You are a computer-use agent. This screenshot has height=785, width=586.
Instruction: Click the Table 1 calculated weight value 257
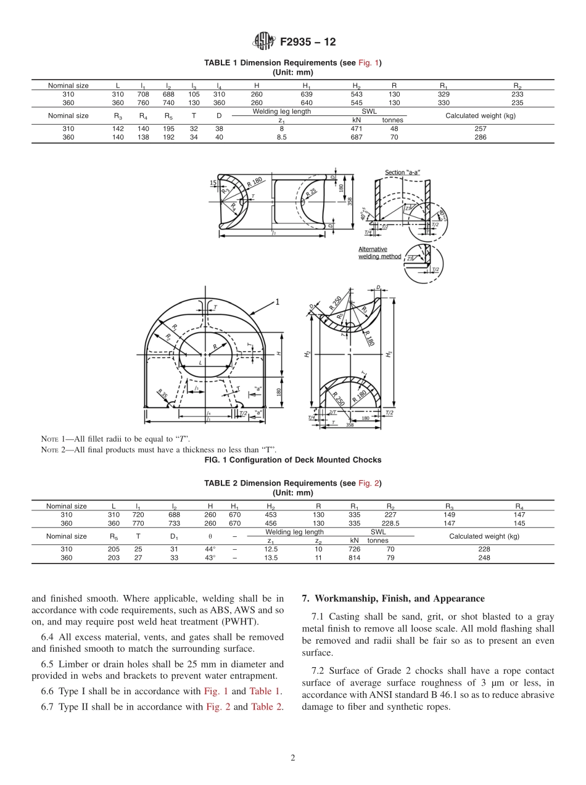coord(481,129)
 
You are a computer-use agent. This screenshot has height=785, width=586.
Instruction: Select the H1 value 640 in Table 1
coord(307,103)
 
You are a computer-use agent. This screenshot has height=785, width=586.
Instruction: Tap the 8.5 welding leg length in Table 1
coord(281,138)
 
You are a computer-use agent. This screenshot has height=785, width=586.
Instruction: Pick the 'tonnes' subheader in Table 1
coord(392,120)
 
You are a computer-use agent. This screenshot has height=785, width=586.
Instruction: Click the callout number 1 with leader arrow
coord(278,302)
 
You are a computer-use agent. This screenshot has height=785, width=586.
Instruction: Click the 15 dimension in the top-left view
coord(213,183)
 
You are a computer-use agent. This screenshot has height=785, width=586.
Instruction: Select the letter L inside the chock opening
coord(200,363)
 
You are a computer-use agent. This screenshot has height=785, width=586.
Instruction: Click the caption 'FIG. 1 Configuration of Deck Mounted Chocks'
coord(292,460)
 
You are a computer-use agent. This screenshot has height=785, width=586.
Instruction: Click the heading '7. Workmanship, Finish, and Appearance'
coord(393,598)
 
